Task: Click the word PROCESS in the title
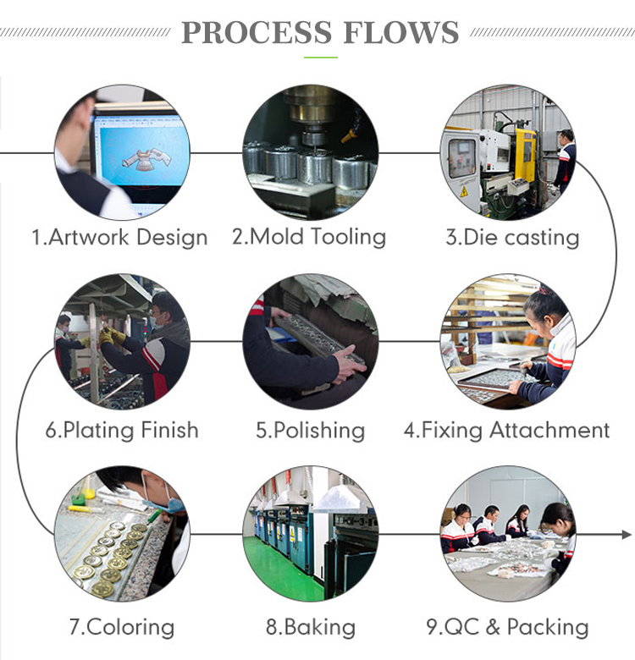point(257,32)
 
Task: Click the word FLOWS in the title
point(400,32)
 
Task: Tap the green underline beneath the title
point(321,58)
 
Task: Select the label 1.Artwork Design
point(120,238)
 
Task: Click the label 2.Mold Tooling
point(309,237)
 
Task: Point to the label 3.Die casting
point(512,238)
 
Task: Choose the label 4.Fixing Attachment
point(507,430)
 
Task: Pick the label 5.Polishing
point(311,431)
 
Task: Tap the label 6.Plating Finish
point(122,430)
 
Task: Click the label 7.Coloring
point(122,627)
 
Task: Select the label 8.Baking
point(311,627)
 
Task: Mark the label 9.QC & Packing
point(507,627)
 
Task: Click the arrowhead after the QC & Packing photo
point(627,535)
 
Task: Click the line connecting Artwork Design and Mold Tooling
point(217,153)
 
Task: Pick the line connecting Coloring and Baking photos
point(217,535)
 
